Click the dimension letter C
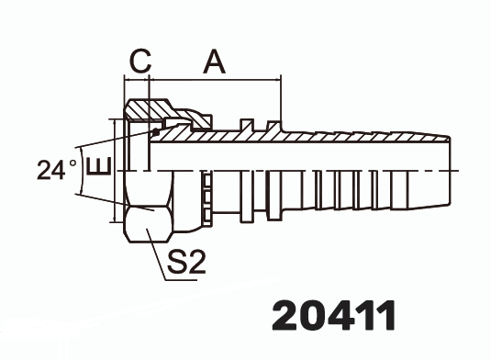140,61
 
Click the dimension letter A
215,62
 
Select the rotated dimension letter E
98,165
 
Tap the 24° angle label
57,170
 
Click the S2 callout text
186,261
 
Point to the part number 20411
334,316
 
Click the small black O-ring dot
156,133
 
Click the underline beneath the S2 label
181,279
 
